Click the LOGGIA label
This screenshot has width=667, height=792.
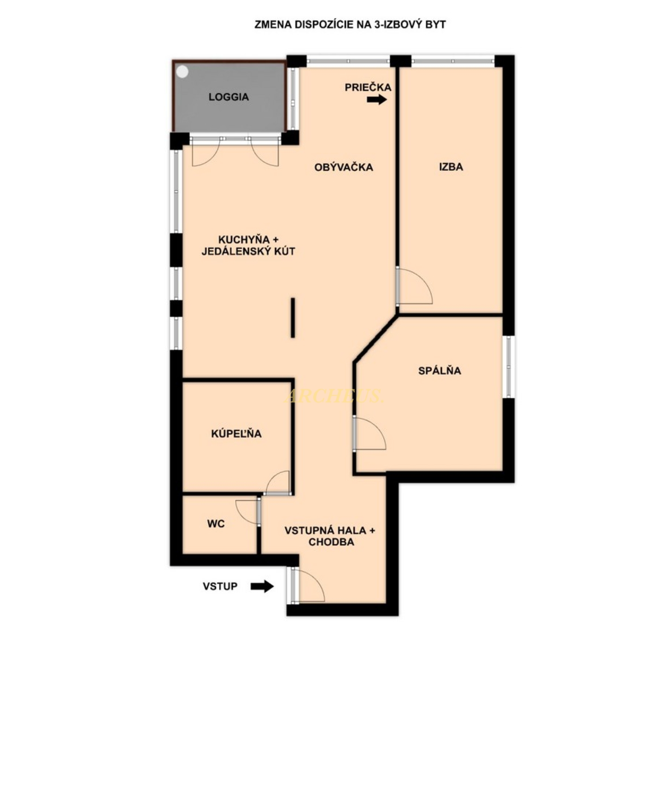coord(229,97)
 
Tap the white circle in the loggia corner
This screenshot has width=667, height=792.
coord(182,72)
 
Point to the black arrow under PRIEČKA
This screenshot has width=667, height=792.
coord(377,100)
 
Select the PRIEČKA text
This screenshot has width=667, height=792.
coord(368,87)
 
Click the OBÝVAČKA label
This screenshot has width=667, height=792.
coord(343,167)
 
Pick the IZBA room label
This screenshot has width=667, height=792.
coord(451,167)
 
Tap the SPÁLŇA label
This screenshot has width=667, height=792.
coord(439,371)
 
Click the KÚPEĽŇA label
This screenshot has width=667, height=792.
coord(236,433)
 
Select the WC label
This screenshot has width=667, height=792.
coord(216,524)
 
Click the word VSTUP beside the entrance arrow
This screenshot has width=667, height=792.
coord(220,586)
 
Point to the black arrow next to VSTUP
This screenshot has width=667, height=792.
coord(262,586)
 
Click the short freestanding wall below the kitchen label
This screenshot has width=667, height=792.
coord(293,318)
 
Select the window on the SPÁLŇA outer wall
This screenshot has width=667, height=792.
coord(509,367)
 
